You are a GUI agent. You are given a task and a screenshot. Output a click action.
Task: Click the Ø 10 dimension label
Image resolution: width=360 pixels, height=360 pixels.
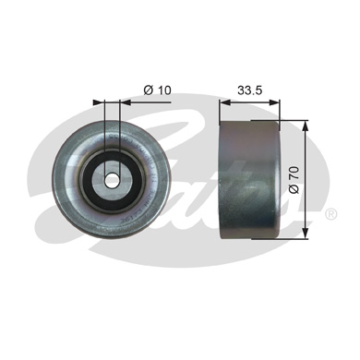tap(157, 90)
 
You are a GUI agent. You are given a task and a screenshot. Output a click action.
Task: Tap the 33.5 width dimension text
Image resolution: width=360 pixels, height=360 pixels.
tap(249, 90)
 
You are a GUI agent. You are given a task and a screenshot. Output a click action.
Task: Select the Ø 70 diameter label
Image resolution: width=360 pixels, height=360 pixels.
tap(294, 180)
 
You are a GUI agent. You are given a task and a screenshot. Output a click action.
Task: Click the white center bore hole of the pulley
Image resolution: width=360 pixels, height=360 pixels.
tap(112, 180)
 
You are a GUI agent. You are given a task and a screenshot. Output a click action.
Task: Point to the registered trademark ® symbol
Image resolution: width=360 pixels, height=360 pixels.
tap(330, 213)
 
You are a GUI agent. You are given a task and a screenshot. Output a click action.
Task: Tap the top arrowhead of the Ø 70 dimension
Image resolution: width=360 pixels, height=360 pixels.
tap(305, 126)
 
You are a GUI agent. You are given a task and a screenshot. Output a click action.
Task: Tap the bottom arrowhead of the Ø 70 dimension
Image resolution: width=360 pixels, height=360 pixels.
tap(305, 233)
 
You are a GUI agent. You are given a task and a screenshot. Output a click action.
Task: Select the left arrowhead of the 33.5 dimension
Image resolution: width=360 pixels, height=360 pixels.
tap(225, 102)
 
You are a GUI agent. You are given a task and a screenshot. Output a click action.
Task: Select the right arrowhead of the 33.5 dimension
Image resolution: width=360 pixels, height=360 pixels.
tap(275, 102)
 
